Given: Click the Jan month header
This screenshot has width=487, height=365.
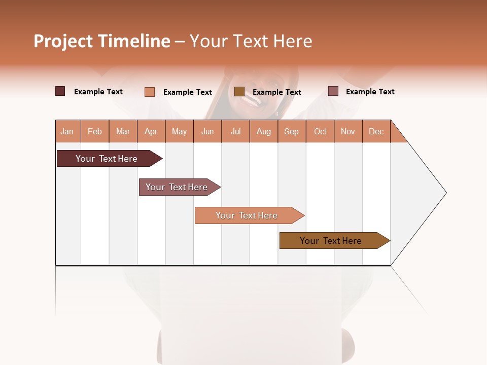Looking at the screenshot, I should pos(67,131).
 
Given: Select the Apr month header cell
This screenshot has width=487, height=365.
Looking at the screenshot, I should pos(151,131).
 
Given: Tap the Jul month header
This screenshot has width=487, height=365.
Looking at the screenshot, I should pos(236,131).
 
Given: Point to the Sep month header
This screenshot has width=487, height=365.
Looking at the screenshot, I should pos(292,131).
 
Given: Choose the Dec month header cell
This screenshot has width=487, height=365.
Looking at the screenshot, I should pos(376,131).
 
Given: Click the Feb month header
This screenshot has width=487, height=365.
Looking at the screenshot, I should pos(95,131).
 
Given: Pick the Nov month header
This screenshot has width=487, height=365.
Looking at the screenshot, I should pos(348,131).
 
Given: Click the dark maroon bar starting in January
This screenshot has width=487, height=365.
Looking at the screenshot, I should pos(107,159).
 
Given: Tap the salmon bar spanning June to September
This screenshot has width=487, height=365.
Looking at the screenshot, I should pos(247,215).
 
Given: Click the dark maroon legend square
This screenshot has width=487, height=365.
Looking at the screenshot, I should pos(60,91).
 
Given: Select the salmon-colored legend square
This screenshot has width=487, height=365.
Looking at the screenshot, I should pos(150,92).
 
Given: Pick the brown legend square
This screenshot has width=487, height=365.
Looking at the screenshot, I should pos(239,91).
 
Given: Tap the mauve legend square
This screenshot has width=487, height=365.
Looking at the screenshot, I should pos(333,91).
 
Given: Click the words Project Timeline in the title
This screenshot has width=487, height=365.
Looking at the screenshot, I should pos(102,41).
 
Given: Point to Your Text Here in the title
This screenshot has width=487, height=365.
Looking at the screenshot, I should pos(251,41).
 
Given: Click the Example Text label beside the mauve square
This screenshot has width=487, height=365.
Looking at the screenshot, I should pos(370,92).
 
